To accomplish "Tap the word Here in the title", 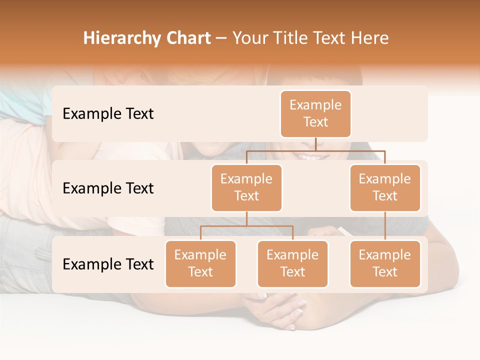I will [370, 38].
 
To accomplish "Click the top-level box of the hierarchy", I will [315, 113].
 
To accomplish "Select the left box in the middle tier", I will [246, 187].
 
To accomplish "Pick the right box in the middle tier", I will [385, 187].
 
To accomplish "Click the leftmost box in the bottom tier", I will [200, 263].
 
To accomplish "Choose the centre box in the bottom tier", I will [292, 263].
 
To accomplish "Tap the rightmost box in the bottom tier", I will [385, 263].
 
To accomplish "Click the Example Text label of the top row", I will [108, 113].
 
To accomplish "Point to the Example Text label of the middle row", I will [108, 188].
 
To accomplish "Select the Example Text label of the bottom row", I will [108, 264].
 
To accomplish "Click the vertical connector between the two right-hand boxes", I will [385, 225].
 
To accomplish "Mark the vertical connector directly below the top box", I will [315, 143].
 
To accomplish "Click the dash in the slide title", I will [221, 38].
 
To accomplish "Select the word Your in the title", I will [248, 38].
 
